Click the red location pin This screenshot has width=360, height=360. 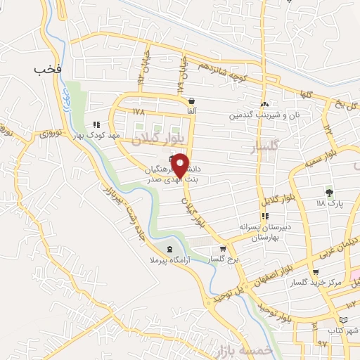point(181,165)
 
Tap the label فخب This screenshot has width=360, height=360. point(47,69)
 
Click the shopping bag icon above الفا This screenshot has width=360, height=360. point(191,101)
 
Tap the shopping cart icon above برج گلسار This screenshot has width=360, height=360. point(223,249)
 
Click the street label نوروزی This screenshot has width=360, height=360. point(51,132)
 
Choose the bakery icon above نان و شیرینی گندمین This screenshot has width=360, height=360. point(264,104)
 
